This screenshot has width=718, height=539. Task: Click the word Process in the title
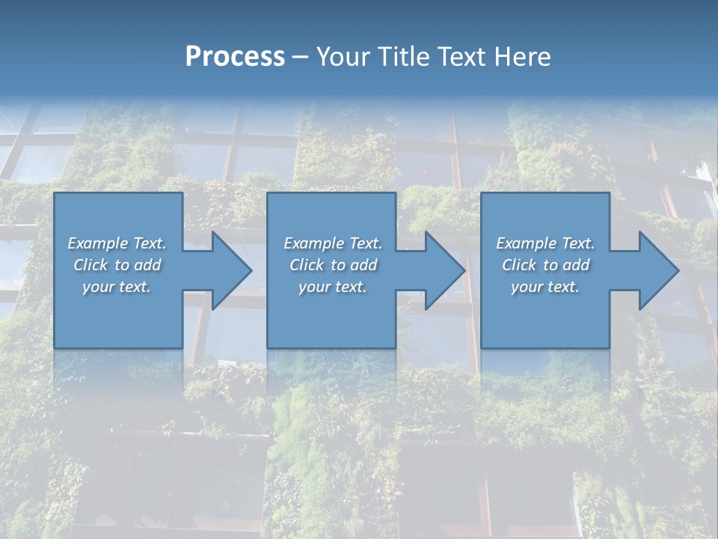(x=235, y=57)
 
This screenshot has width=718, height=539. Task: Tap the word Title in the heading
(x=401, y=57)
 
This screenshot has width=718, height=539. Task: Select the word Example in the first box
(x=98, y=243)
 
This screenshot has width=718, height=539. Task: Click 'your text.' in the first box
(x=117, y=287)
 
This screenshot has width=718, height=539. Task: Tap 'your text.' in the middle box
(x=333, y=287)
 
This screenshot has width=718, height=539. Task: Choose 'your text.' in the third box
(x=545, y=287)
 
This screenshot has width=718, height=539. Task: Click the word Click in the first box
(x=90, y=265)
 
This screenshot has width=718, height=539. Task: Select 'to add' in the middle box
(x=353, y=265)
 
